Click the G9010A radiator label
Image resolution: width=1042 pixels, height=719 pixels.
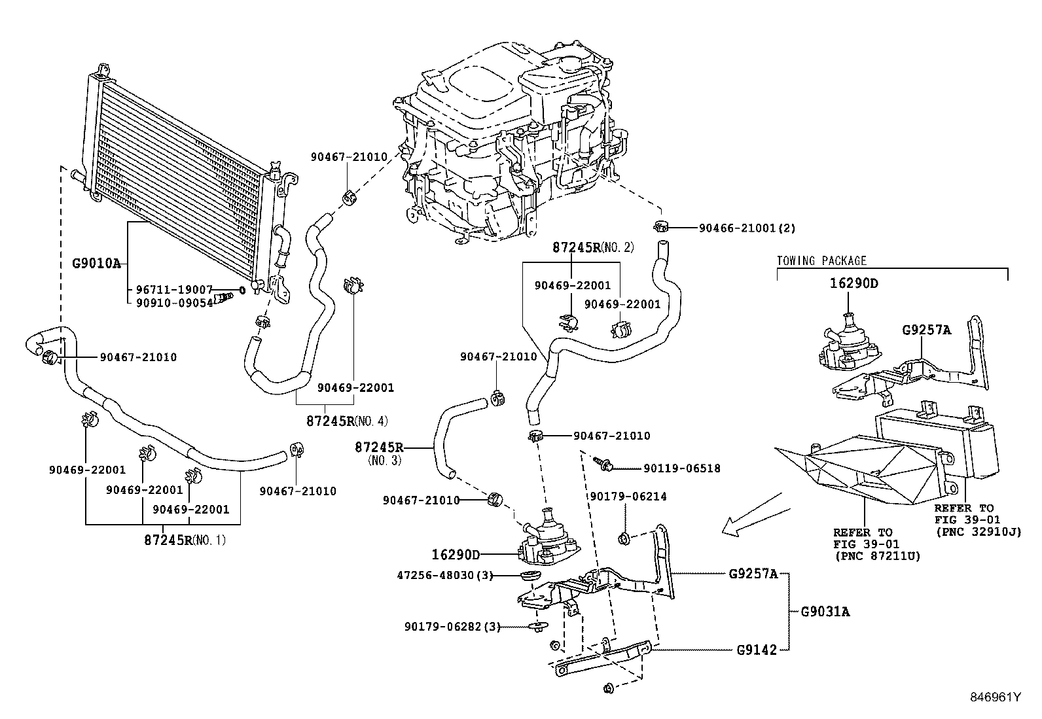(x=97, y=264)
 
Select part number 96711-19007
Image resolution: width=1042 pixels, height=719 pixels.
(x=174, y=289)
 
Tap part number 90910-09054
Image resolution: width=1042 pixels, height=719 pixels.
(x=174, y=302)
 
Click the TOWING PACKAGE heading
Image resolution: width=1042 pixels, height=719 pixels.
(x=821, y=260)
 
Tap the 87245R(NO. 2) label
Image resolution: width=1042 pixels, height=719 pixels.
(x=593, y=247)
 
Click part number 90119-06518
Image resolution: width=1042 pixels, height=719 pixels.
(x=681, y=468)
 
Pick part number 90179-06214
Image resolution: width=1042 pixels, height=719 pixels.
(x=628, y=497)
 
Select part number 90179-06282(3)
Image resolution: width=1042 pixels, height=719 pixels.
(x=452, y=627)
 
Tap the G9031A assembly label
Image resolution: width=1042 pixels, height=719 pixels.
(x=825, y=612)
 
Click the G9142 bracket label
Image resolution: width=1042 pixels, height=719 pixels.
(x=756, y=650)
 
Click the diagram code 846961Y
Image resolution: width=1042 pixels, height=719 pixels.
(x=995, y=697)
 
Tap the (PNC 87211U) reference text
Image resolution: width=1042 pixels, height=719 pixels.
(x=878, y=556)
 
